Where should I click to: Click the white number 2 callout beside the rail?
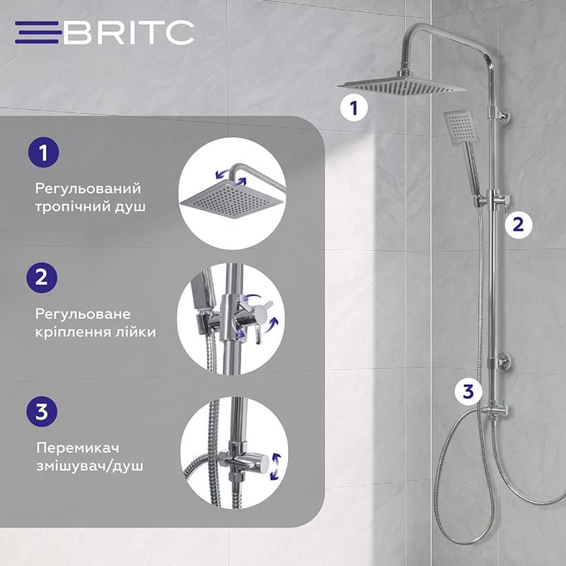pyautogui.click(x=518, y=225)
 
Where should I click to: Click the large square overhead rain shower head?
pyautogui.click(x=401, y=86)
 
